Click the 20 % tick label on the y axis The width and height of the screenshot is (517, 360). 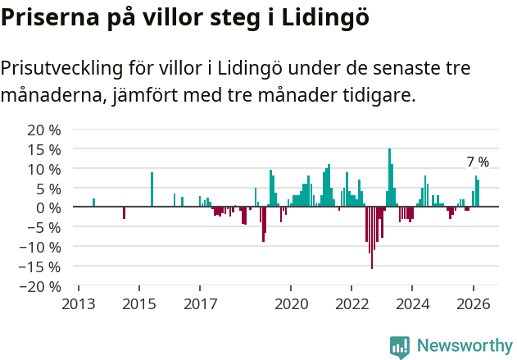44,130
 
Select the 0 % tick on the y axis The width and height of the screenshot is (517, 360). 48,207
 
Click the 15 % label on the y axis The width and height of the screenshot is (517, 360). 44,149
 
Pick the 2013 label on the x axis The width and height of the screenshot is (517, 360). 78,304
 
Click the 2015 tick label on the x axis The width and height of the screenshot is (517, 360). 138,304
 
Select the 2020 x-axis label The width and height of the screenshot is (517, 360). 291,304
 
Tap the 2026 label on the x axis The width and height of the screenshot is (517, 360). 474,304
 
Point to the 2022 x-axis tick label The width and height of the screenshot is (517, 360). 351,304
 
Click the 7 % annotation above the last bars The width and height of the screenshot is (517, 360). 478,162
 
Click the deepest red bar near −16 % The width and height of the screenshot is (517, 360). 372,238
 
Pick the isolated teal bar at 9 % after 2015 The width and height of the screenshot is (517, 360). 152,189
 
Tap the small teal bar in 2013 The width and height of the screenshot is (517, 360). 93,203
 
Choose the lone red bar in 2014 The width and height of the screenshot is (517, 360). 124,212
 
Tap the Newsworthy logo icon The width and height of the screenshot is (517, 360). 400,346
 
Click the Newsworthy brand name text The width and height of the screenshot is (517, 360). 464,346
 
